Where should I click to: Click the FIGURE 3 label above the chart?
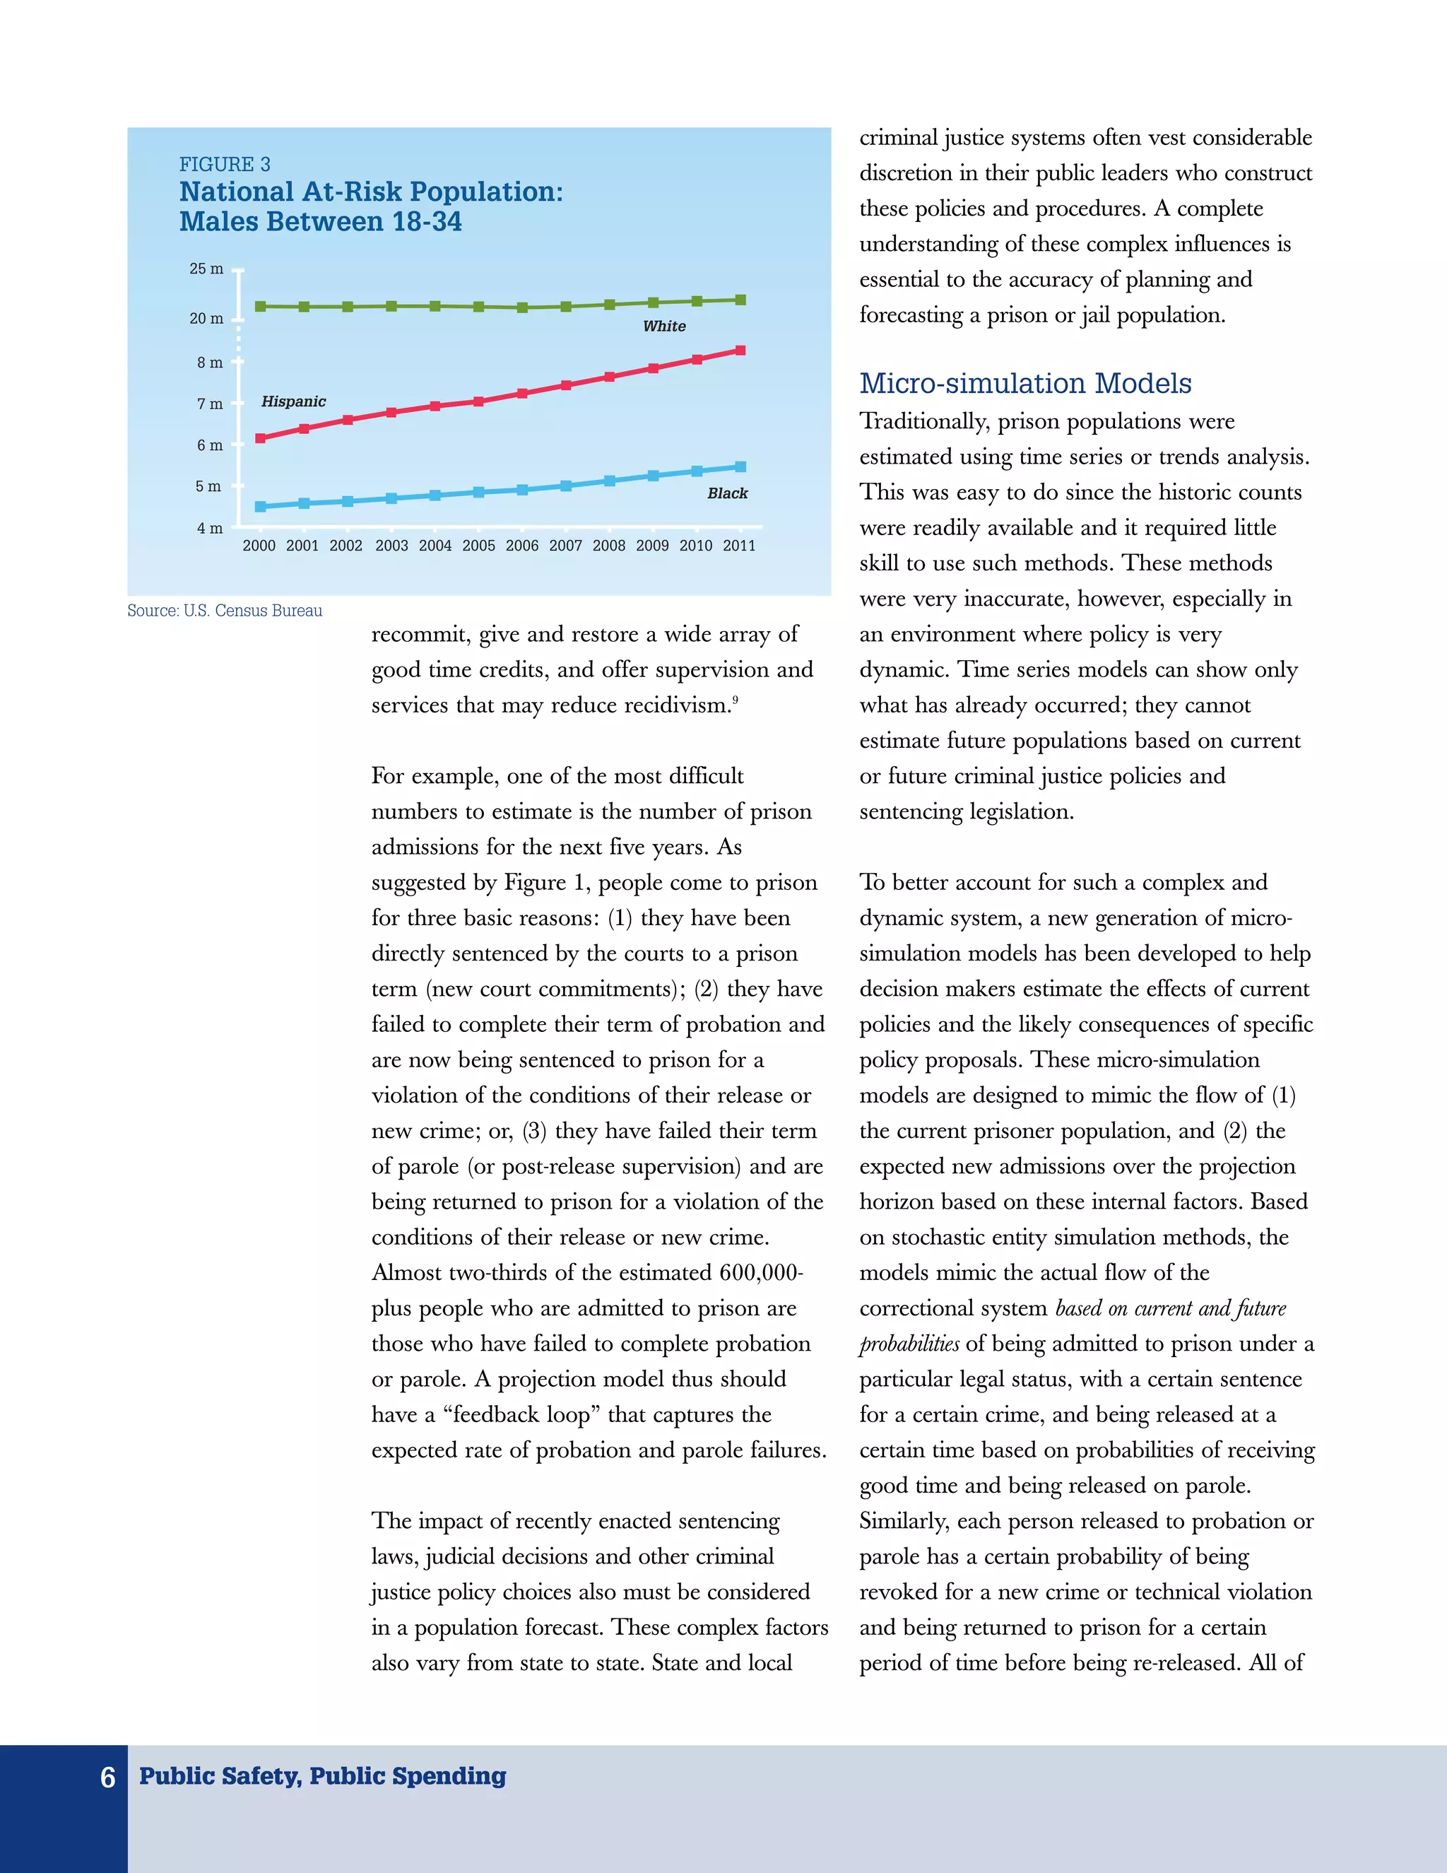[225, 164]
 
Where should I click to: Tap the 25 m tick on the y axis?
[206, 269]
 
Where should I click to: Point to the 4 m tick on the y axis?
[210, 528]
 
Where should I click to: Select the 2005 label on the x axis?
[478, 546]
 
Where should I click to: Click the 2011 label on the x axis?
[739, 546]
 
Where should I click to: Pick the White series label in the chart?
[664, 326]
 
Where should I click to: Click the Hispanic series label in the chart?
[293, 401]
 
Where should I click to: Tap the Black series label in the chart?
[727, 493]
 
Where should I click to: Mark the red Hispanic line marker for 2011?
[740, 350]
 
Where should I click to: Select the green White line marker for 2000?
[261, 306]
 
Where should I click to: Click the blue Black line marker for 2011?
[740, 466]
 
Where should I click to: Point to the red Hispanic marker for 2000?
[261, 438]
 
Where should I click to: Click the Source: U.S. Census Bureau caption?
[225, 611]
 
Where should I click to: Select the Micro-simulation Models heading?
[1025, 383]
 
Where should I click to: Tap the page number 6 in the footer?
[108, 1777]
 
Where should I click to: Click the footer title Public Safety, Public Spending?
[322, 1775]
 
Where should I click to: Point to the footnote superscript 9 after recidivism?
[735, 699]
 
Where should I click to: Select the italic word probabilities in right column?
[909, 1344]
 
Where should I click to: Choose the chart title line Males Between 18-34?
[321, 221]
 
